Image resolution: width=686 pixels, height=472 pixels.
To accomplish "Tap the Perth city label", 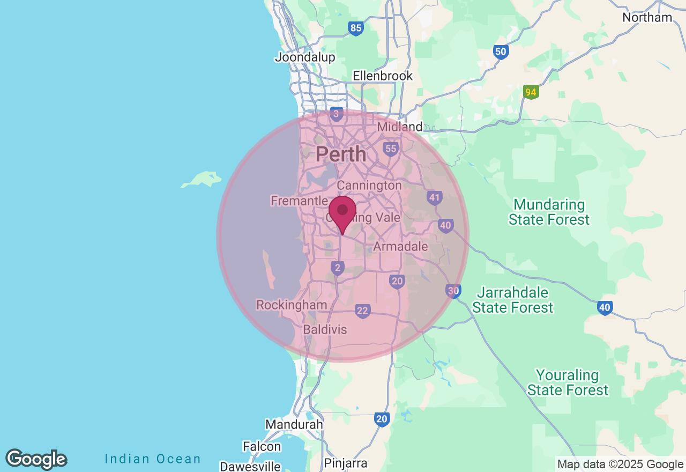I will tap(341, 154).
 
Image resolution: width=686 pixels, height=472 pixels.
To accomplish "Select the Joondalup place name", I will tap(305, 57).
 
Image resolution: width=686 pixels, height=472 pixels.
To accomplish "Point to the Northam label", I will tap(647, 18).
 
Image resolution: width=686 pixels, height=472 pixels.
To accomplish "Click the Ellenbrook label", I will tap(383, 76).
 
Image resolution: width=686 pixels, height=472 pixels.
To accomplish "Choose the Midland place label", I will tap(400, 127).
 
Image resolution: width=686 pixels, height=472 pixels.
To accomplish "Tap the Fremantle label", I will tap(299, 201).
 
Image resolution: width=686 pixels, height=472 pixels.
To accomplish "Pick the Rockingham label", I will tap(292, 305).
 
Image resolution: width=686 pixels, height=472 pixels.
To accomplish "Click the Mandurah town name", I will tap(294, 424).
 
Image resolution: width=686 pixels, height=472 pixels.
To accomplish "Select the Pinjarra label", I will tap(346, 463).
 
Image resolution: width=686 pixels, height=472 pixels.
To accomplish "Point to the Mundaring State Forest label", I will tap(549, 212).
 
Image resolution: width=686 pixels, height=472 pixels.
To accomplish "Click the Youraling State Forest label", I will tap(568, 382).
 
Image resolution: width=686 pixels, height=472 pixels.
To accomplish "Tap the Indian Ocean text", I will tap(153, 459).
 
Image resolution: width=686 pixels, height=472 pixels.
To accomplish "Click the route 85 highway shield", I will tap(355, 28).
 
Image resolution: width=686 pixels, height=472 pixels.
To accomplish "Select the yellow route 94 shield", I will tap(531, 92).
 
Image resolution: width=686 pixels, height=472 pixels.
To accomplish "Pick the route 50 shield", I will tap(501, 52).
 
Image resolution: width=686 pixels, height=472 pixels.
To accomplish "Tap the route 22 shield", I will tap(363, 311).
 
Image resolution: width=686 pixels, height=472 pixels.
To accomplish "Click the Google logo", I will tap(36, 459).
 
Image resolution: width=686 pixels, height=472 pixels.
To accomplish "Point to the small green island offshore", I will tap(203, 179).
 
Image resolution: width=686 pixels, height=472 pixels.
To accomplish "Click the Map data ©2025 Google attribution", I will tap(620, 464).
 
